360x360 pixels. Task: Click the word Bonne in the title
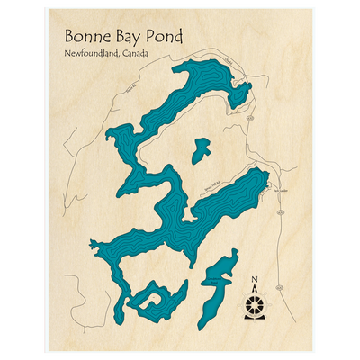coord(88,37)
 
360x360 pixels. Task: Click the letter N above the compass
coord(255,278)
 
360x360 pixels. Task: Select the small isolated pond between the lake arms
coord(200,149)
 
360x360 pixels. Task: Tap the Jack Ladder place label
coord(276,191)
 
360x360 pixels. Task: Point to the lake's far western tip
coord(93,242)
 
